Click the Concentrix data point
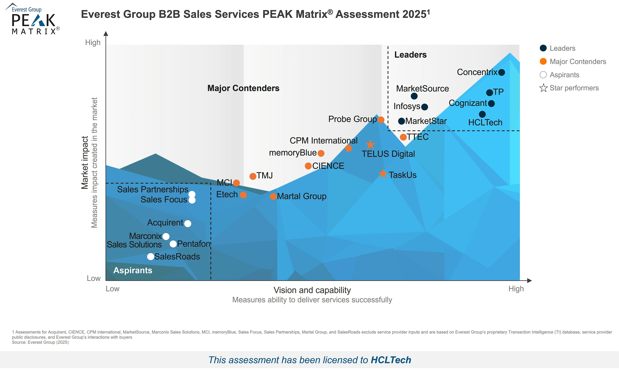501,73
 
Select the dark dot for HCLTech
482,114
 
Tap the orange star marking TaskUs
383,173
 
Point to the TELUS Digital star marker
370,145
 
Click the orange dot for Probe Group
381,120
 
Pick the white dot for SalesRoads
151,256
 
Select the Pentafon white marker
173,244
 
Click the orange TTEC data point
403,137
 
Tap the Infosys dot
424,107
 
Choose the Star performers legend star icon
543,88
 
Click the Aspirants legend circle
543,75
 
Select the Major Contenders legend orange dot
543,61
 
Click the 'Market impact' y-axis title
85,163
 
